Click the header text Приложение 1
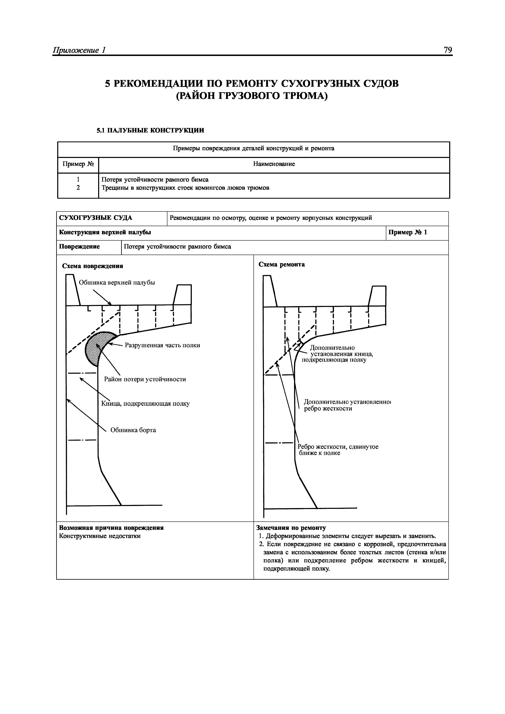pos(80,50)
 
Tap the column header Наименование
pos(274,164)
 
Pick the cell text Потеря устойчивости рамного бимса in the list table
pos(155,180)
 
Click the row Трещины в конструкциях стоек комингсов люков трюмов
pos(186,188)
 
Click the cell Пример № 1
pos(408,232)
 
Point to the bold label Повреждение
pos(79,247)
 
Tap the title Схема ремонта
pos(282,264)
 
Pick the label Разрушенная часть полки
pos(162,345)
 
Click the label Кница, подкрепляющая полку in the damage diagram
pos(145,404)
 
